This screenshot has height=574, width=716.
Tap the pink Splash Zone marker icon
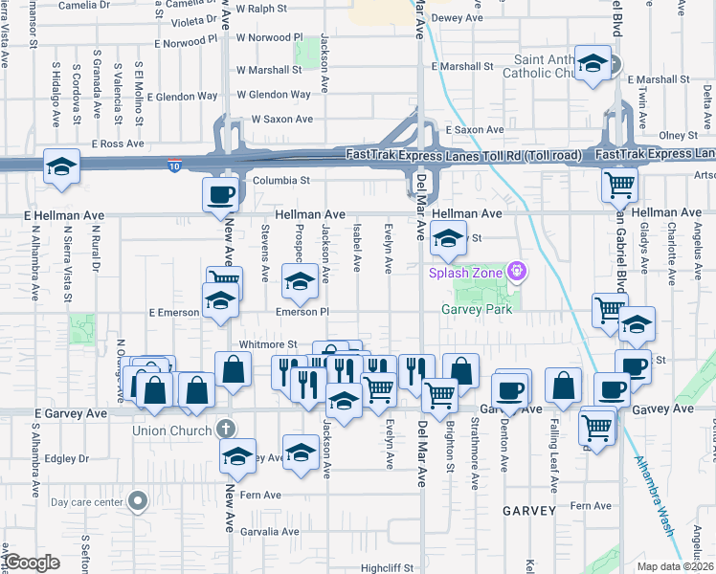(518, 272)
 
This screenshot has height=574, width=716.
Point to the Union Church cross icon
(225, 428)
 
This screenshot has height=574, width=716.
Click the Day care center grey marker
(139, 500)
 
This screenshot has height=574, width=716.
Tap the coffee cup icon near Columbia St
(220, 194)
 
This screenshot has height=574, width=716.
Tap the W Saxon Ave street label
(282, 120)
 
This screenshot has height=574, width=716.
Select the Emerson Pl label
(302, 312)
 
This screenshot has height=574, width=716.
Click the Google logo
(32, 563)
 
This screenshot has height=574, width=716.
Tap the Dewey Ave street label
(458, 18)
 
